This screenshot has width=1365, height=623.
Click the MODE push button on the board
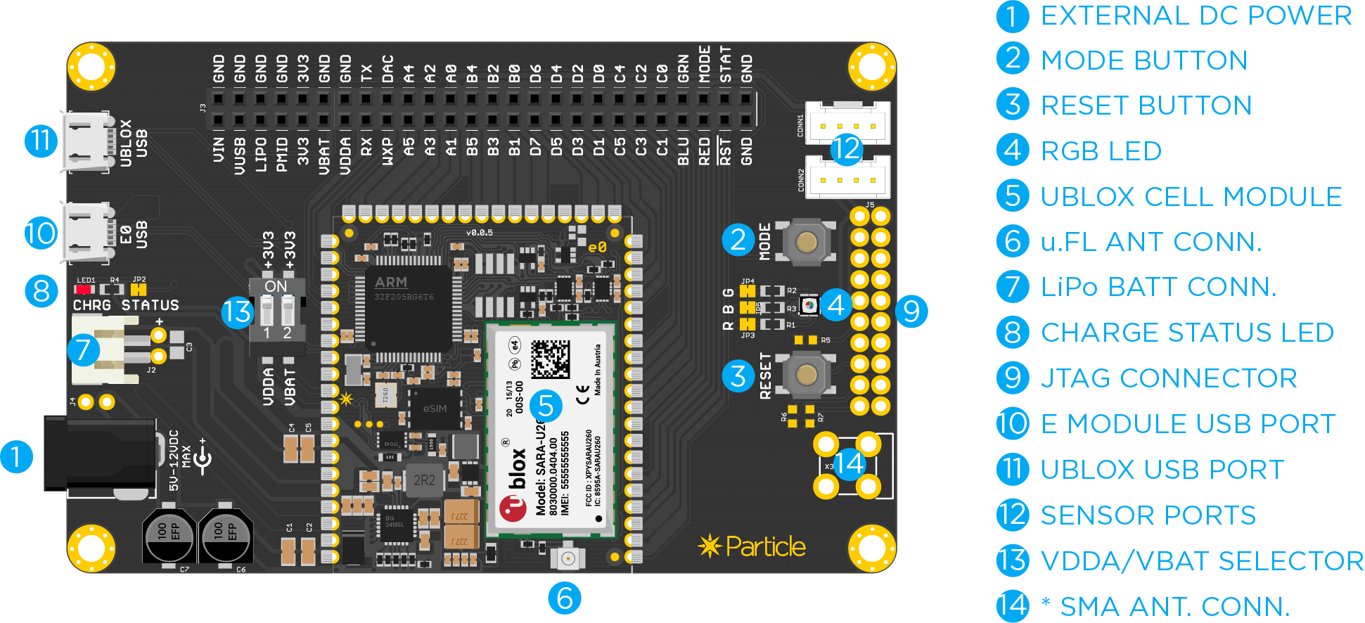tap(806, 243)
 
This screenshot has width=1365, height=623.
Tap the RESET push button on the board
tap(806, 375)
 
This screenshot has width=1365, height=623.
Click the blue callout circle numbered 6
tap(565, 598)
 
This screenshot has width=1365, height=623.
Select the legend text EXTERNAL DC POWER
tap(1196, 15)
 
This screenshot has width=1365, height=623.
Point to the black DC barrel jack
tap(98, 454)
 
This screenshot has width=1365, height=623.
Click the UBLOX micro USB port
tap(88, 141)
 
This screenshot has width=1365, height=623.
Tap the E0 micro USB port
tap(88, 233)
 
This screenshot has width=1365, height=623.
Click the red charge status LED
tap(84, 289)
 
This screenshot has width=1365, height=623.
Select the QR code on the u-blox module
tap(549, 359)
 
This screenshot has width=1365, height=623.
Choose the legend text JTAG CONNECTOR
tap(1169, 378)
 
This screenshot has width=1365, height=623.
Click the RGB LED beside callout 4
tap(809, 305)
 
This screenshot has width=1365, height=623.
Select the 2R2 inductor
tap(424, 480)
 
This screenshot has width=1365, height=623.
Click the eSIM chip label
tap(435, 409)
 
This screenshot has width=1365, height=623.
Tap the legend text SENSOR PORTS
tap(1148, 515)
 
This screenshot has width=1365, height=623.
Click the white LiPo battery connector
tap(105, 349)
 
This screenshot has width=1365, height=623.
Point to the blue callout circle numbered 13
tap(237, 311)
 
